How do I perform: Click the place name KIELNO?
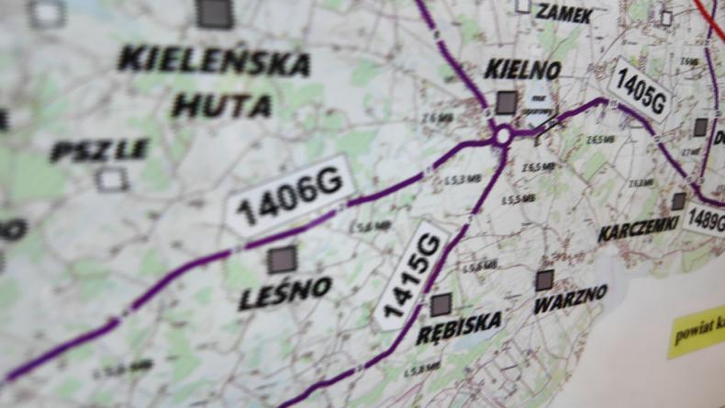pos(522,69)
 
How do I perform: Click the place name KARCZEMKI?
pos(639,229)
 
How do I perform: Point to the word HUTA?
pos(222,106)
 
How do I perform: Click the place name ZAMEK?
pos(563,14)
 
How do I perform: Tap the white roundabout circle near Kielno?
pos(502,137)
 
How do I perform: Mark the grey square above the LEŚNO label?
pos(282,259)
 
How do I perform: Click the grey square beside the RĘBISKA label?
pos(441,304)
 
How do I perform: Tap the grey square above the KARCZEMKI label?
pos(678,201)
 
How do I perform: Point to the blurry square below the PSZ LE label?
pos(112,180)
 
